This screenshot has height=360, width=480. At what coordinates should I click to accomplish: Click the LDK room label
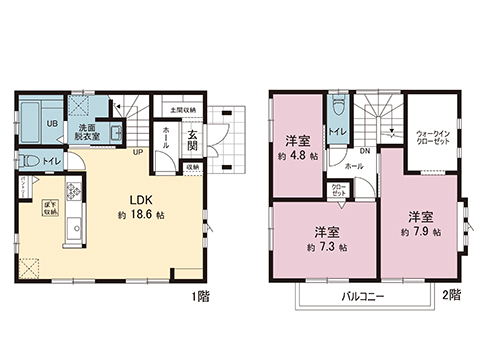140,198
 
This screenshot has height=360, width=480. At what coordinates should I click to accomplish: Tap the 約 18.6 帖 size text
140,215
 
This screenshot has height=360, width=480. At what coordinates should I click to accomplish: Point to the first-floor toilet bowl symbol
31,159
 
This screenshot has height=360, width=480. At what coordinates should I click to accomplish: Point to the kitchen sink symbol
71,233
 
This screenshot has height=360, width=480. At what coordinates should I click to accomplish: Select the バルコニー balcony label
361,298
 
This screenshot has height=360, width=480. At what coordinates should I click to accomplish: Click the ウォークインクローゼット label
433,137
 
